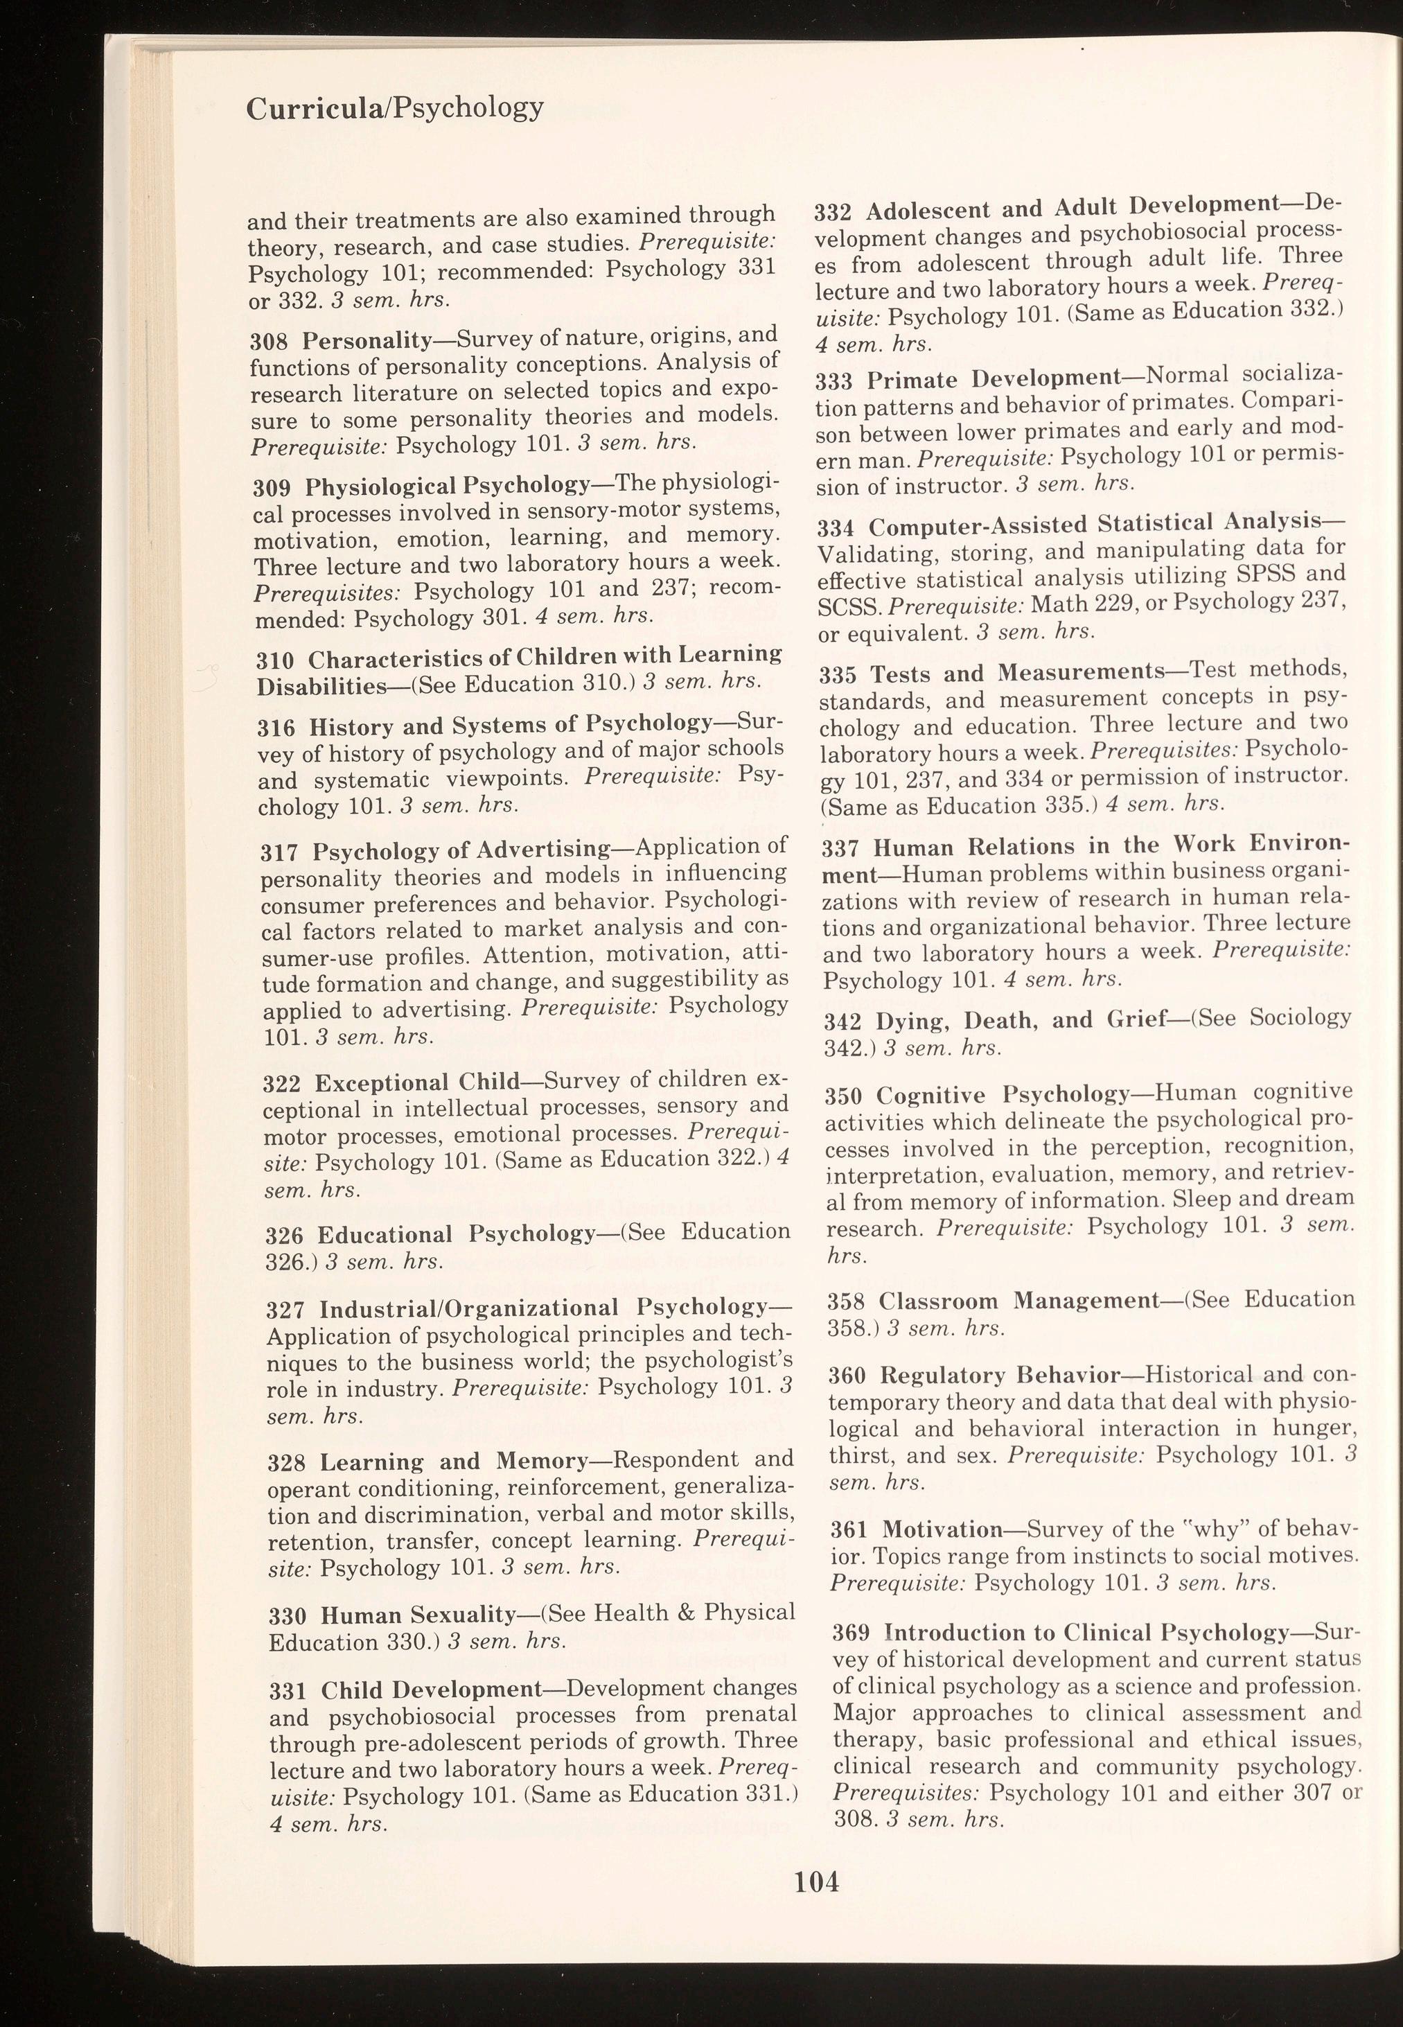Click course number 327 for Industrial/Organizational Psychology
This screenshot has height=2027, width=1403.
pos(285,1310)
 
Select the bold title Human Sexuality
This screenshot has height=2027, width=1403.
pos(418,1615)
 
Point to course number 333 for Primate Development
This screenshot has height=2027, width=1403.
pos(835,381)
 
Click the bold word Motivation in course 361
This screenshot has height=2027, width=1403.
pos(942,1529)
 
